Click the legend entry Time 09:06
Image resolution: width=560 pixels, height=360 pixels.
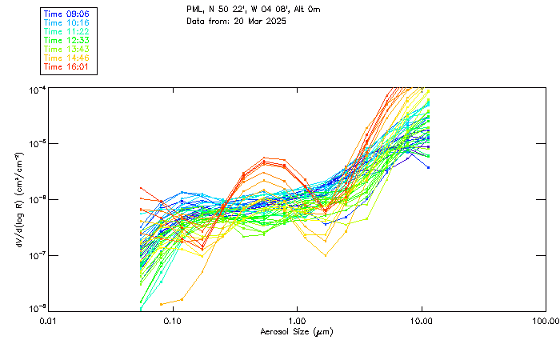pos(66,14)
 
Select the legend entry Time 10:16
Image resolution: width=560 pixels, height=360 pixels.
pos(66,22)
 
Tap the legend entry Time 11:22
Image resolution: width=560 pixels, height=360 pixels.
pos(66,31)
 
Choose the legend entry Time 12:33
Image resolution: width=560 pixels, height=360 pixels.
pos(66,40)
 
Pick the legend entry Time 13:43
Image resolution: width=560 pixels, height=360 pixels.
pos(66,49)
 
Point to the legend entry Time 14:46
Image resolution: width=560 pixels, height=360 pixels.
pos(66,58)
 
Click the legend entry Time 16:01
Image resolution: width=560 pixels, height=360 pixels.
pos(66,66)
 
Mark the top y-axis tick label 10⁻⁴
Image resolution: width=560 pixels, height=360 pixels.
pos(38,88)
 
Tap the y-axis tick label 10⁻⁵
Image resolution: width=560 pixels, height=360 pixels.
pos(38,143)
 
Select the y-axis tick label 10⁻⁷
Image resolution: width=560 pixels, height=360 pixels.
pos(38,254)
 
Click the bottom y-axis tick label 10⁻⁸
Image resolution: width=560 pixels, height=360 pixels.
pos(38,309)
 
